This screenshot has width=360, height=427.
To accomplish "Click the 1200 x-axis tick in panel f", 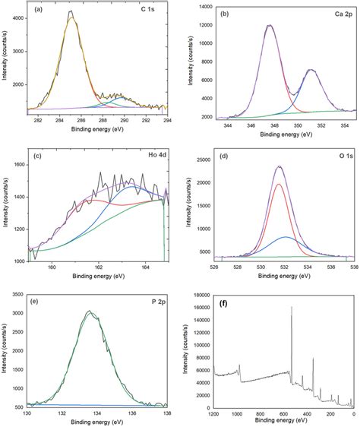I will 213,413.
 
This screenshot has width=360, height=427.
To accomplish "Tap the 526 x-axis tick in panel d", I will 215,267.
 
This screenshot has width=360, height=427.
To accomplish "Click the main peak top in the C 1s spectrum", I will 70,12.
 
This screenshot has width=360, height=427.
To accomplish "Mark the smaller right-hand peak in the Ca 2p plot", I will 310,70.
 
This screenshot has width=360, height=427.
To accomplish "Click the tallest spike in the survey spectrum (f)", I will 292,307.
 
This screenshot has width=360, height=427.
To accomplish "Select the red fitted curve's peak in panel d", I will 279,184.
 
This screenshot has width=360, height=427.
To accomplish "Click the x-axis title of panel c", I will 96,278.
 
